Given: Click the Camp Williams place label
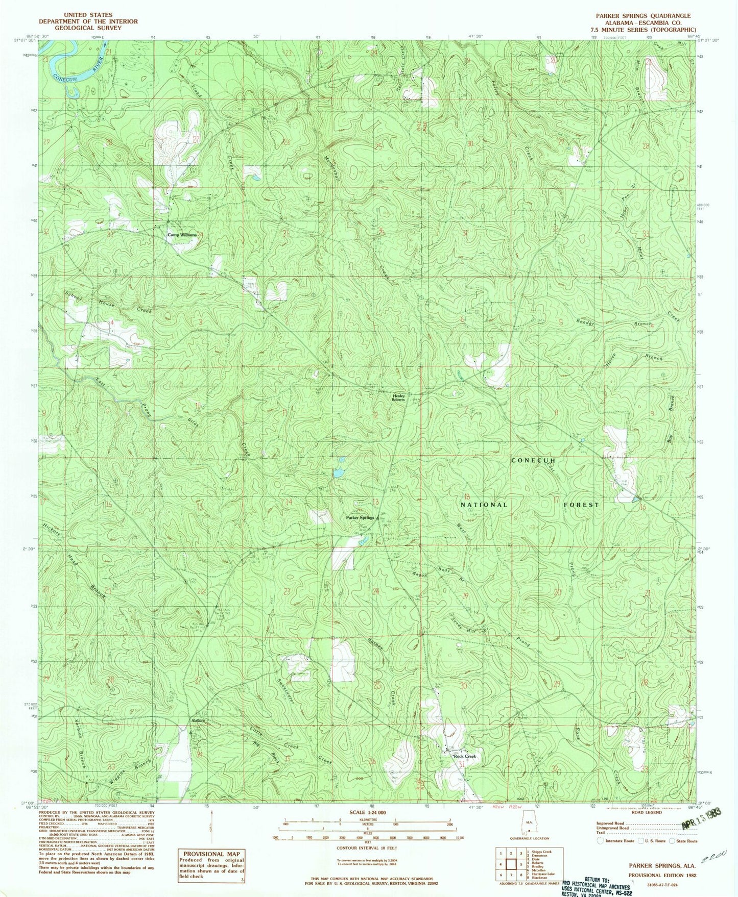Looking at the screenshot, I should tap(182, 235).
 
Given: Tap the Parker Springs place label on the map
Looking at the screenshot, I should tap(360, 517).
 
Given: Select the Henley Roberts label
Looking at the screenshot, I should tap(398, 397).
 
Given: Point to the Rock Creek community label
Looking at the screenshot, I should tap(465, 756).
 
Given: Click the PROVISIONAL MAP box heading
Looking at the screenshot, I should tap(211, 854).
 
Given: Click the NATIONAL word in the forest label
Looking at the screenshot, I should tap(484, 505).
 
